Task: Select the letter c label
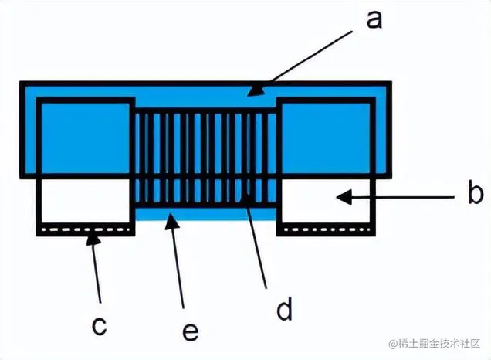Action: click(99, 325)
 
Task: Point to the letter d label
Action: click(284, 310)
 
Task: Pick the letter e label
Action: click(190, 331)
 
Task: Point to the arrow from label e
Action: click(177, 262)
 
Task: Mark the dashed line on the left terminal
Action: click(85, 230)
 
